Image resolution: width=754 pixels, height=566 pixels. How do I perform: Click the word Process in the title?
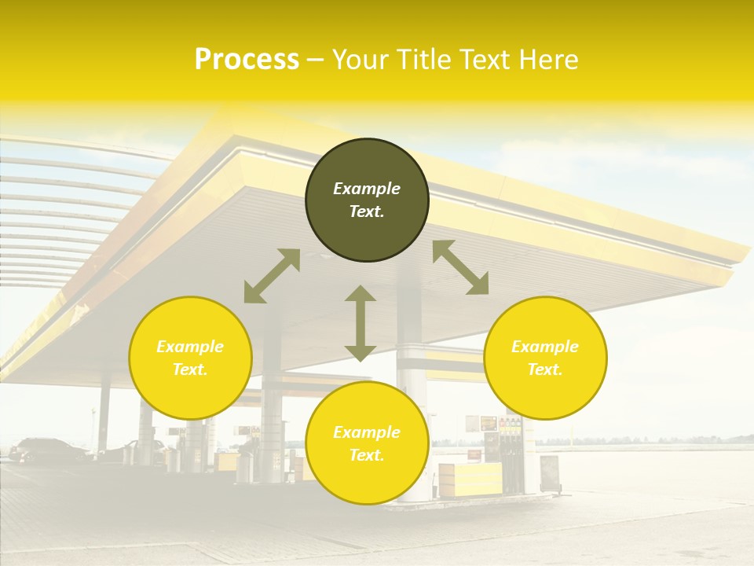point(247,60)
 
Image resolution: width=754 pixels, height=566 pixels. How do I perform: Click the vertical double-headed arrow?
point(361,323)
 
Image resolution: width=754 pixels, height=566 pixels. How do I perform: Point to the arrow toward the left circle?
point(272,276)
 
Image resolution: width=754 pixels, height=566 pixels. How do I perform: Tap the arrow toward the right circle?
point(461,267)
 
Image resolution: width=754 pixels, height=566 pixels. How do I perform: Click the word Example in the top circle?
point(367,189)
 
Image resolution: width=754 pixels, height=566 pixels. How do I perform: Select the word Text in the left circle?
point(190,369)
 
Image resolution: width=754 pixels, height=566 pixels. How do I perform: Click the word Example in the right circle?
point(545,347)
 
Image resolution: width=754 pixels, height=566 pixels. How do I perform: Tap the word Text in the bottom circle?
point(367,455)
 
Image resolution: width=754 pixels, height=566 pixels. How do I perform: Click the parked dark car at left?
point(47,450)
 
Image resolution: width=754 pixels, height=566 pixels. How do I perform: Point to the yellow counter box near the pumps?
point(470,479)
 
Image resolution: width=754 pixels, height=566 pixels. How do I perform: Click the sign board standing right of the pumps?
point(549,473)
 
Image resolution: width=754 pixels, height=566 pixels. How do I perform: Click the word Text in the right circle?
point(545,369)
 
